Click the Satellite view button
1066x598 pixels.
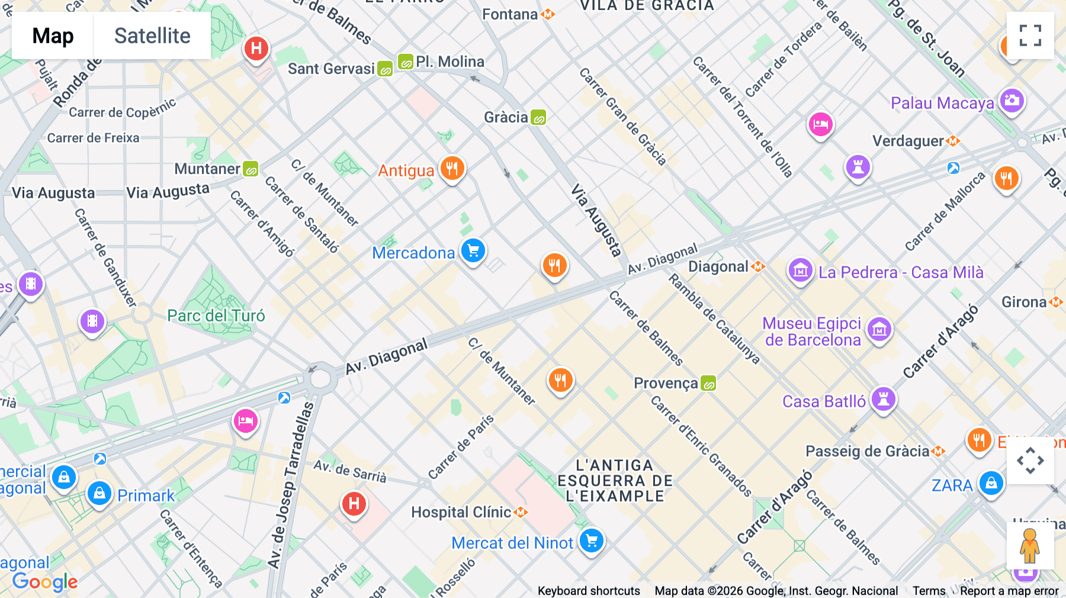152,36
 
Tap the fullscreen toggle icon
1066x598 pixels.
1030,36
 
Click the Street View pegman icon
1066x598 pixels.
1030,545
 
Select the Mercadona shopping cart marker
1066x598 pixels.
473,251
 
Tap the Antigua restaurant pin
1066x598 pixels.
452,169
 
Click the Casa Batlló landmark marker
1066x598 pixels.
883,399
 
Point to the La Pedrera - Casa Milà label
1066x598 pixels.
900,272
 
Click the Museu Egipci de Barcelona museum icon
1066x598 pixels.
879,330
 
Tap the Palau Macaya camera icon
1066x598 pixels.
1012,101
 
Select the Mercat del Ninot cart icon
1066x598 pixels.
591,541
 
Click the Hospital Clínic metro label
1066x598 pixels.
462,512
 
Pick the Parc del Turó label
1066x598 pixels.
216,316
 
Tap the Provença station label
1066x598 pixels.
666,383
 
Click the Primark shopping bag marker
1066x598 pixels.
99,493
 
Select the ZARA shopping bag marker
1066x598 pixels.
991,484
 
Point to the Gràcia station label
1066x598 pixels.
506,117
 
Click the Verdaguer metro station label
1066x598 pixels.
908,141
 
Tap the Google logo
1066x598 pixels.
45,581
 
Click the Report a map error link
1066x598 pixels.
1009,590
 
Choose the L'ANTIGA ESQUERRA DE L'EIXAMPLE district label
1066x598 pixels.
615,481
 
